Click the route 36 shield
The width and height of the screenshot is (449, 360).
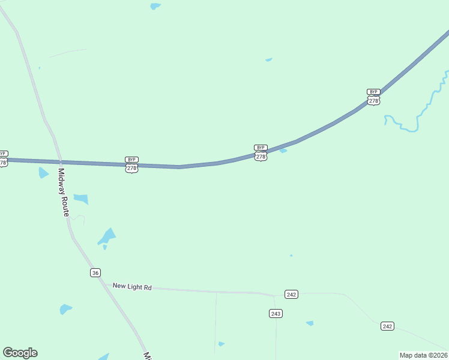[95, 273]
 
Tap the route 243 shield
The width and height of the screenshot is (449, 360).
[276, 313]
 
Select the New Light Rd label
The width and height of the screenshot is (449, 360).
[132, 287]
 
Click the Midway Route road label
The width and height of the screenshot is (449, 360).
[63, 193]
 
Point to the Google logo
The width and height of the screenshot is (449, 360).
[20, 353]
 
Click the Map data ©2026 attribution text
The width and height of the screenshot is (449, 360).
[423, 355]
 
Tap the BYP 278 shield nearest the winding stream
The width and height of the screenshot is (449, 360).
[373, 97]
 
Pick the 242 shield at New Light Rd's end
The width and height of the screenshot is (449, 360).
[291, 294]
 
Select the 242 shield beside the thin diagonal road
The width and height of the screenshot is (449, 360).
[387, 326]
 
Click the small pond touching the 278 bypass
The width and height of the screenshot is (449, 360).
[283, 151]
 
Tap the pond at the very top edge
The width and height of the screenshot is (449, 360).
[155, 6]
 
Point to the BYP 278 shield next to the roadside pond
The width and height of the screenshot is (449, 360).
[261, 153]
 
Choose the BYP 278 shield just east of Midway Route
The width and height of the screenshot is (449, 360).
[131, 165]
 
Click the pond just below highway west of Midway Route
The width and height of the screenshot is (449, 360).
[43, 173]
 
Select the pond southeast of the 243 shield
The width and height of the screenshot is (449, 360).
[310, 323]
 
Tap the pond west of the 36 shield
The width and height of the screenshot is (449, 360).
[65, 309]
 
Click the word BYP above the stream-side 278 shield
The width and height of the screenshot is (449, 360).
[373, 92]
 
